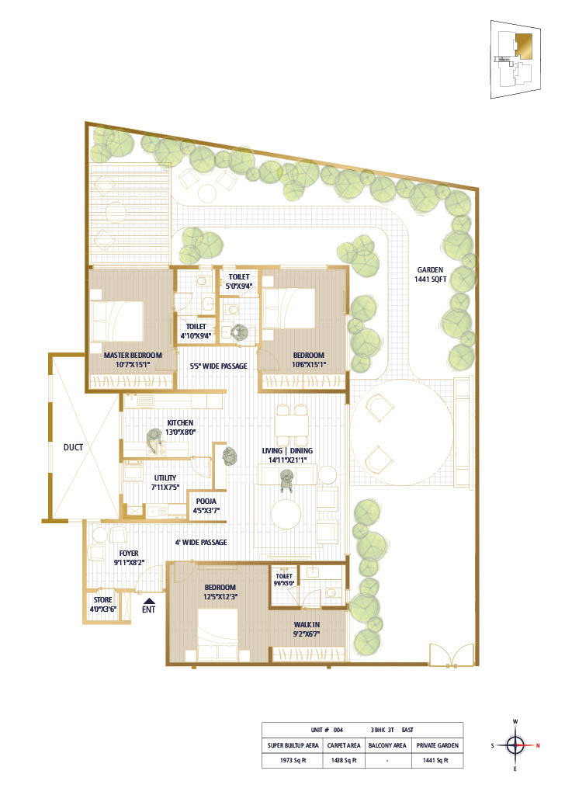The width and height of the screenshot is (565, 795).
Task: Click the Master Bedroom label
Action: pyautogui.click(x=133, y=359)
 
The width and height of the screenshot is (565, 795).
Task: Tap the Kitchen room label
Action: pyautogui.click(x=180, y=428)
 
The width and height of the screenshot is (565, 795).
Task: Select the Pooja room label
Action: pyautogui.click(x=206, y=506)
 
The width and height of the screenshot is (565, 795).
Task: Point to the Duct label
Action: pyautogui.click(x=73, y=447)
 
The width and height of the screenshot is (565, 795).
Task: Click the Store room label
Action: pyautogui.click(x=103, y=604)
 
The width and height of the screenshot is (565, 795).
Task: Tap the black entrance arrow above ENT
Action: pyautogui.click(x=148, y=600)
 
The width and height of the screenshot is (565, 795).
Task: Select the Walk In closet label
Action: pyautogui.click(x=307, y=629)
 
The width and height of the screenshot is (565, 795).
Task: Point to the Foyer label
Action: pyautogui.click(x=129, y=557)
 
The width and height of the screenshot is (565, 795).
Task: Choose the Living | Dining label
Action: pyautogui.click(x=287, y=455)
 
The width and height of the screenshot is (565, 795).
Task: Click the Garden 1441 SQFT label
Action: pyautogui.click(x=431, y=274)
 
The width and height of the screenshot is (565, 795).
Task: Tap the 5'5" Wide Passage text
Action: pyautogui.click(x=218, y=366)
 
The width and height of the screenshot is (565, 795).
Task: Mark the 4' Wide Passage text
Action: pyautogui.click(x=201, y=542)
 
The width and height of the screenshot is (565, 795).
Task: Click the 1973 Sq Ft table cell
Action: pyautogui.click(x=293, y=760)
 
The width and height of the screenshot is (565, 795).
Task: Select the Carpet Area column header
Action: pyautogui.click(x=344, y=745)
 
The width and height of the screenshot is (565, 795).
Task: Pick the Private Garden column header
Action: pyautogui.click(x=437, y=745)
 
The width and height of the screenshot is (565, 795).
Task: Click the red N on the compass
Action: pyautogui.click(x=538, y=745)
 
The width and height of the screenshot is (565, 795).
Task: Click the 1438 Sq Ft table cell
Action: pyautogui.click(x=344, y=760)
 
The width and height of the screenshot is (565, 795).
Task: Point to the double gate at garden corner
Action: pyautogui.click(x=452, y=654)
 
